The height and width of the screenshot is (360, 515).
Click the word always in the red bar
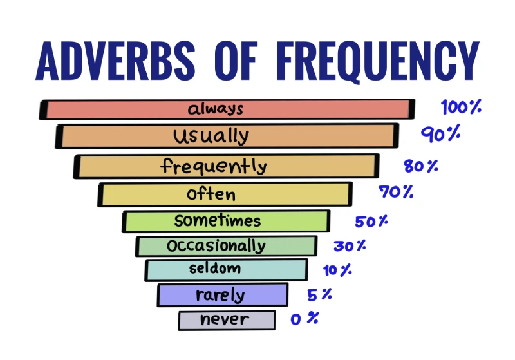(215, 109)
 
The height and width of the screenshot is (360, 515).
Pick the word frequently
(213, 167)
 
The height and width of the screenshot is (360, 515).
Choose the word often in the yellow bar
(211, 194)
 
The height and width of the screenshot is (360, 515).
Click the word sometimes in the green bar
(218, 221)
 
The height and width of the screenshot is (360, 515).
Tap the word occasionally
(216, 246)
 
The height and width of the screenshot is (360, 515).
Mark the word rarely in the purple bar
(220, 296)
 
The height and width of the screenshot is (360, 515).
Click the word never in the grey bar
(224, 319)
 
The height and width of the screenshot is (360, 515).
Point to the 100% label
(461, 107)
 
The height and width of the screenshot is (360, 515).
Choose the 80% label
(421, 166)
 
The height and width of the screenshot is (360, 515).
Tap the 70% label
(396, 192)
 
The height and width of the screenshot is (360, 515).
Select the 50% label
(371, 222)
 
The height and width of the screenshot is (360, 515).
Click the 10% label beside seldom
(337, 270)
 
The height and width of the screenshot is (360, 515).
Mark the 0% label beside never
(304, 318)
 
